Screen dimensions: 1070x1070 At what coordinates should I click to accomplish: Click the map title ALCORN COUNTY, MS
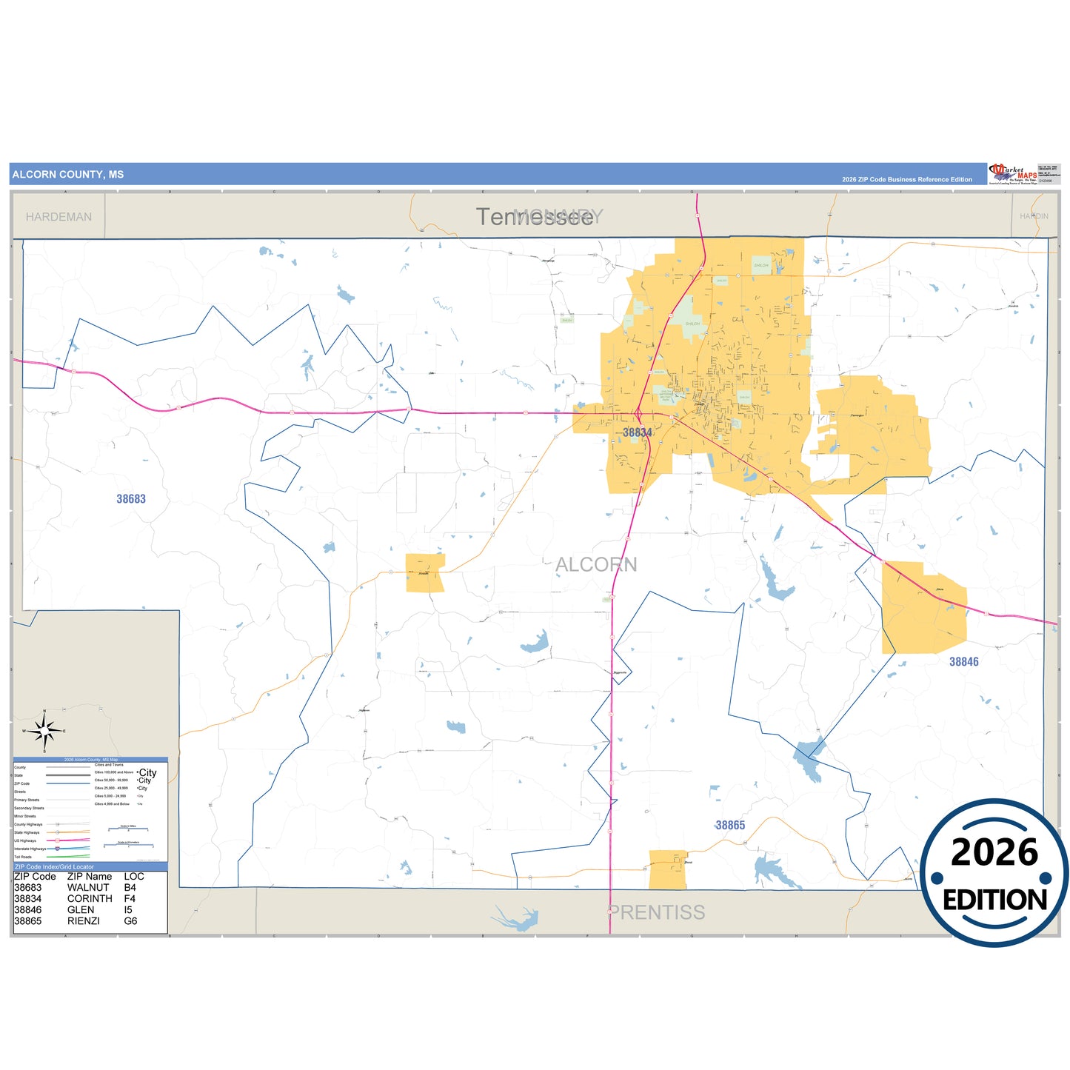click(68, 175)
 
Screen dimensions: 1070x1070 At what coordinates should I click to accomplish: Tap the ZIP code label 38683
click(131, 499)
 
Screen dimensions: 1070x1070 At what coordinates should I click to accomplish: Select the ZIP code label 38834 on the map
click(637, 432)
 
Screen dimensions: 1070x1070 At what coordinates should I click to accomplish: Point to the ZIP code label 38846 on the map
click(963, 662)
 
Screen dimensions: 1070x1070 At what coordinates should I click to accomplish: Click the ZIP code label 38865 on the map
click(730, 825)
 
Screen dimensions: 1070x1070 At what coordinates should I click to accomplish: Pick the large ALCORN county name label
click(596, 565)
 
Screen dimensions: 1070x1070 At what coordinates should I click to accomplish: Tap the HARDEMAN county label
click(58, 217)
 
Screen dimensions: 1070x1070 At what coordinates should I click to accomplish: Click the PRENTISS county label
click(657, 912)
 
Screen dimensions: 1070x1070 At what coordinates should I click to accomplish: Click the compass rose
click(44, 731)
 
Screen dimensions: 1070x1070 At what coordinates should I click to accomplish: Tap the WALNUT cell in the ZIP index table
click(88, 887)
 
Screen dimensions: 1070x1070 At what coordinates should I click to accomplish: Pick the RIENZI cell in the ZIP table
click(84, 921)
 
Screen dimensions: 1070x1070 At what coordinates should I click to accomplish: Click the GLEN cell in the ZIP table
click(81, 910)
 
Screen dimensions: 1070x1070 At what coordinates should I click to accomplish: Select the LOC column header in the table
click(134, 876)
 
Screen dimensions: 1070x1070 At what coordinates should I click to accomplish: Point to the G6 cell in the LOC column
click(131, 921)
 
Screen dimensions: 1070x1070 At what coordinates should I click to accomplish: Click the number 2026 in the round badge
click(994, 852)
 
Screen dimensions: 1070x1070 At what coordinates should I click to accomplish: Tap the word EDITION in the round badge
click(994, 900)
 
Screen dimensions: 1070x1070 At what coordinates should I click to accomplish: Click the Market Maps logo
click(1013, 174)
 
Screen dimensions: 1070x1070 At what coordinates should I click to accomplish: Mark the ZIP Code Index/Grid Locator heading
click(54, 866)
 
